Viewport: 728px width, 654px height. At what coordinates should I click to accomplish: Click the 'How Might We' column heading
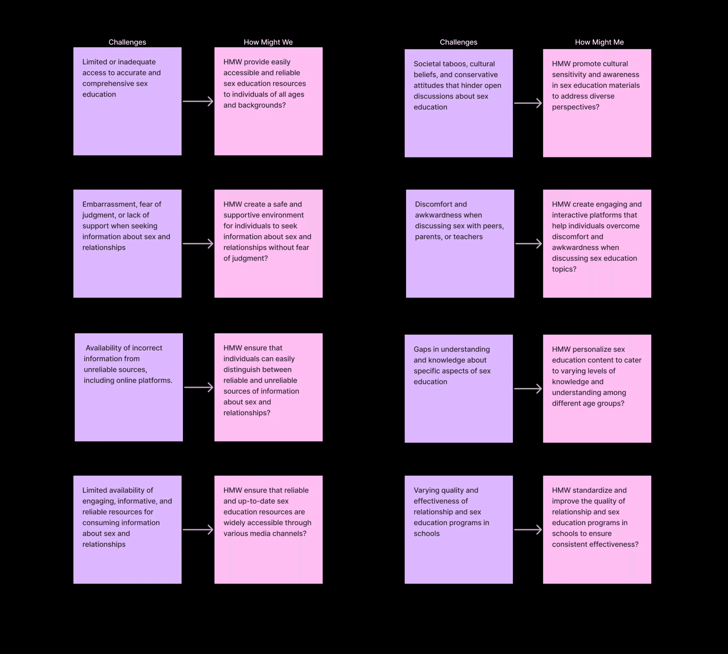[x=268, y=42]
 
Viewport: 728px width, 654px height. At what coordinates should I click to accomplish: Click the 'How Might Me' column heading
[x=599, y=42]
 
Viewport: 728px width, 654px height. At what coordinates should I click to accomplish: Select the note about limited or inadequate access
[x=127, y=101]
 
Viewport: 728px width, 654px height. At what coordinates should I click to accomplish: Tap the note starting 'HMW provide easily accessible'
[x=268, y=101]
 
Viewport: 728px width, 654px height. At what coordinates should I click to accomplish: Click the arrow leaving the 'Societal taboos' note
[x=528, y=103]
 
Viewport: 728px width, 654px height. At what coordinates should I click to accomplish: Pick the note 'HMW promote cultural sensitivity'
[x=597, y=103]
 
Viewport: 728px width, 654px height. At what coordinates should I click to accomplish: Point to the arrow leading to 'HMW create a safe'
[x=198, y=244]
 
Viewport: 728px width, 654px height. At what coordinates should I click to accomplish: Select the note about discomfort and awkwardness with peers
[x=460, y=244]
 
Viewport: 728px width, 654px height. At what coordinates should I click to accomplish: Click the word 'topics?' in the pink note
[x=564, y=269]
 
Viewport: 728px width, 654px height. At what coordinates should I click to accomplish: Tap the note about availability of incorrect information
[x=129, y=387]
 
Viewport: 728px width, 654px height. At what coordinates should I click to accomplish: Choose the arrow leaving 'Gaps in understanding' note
[x=528, y=388]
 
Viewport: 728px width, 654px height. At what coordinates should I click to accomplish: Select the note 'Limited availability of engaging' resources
[x=127, y=530]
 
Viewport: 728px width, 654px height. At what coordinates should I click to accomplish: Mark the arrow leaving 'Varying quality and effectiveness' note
[x=528, y=530]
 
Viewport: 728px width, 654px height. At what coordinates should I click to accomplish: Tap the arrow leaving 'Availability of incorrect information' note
[x=198, y=387]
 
